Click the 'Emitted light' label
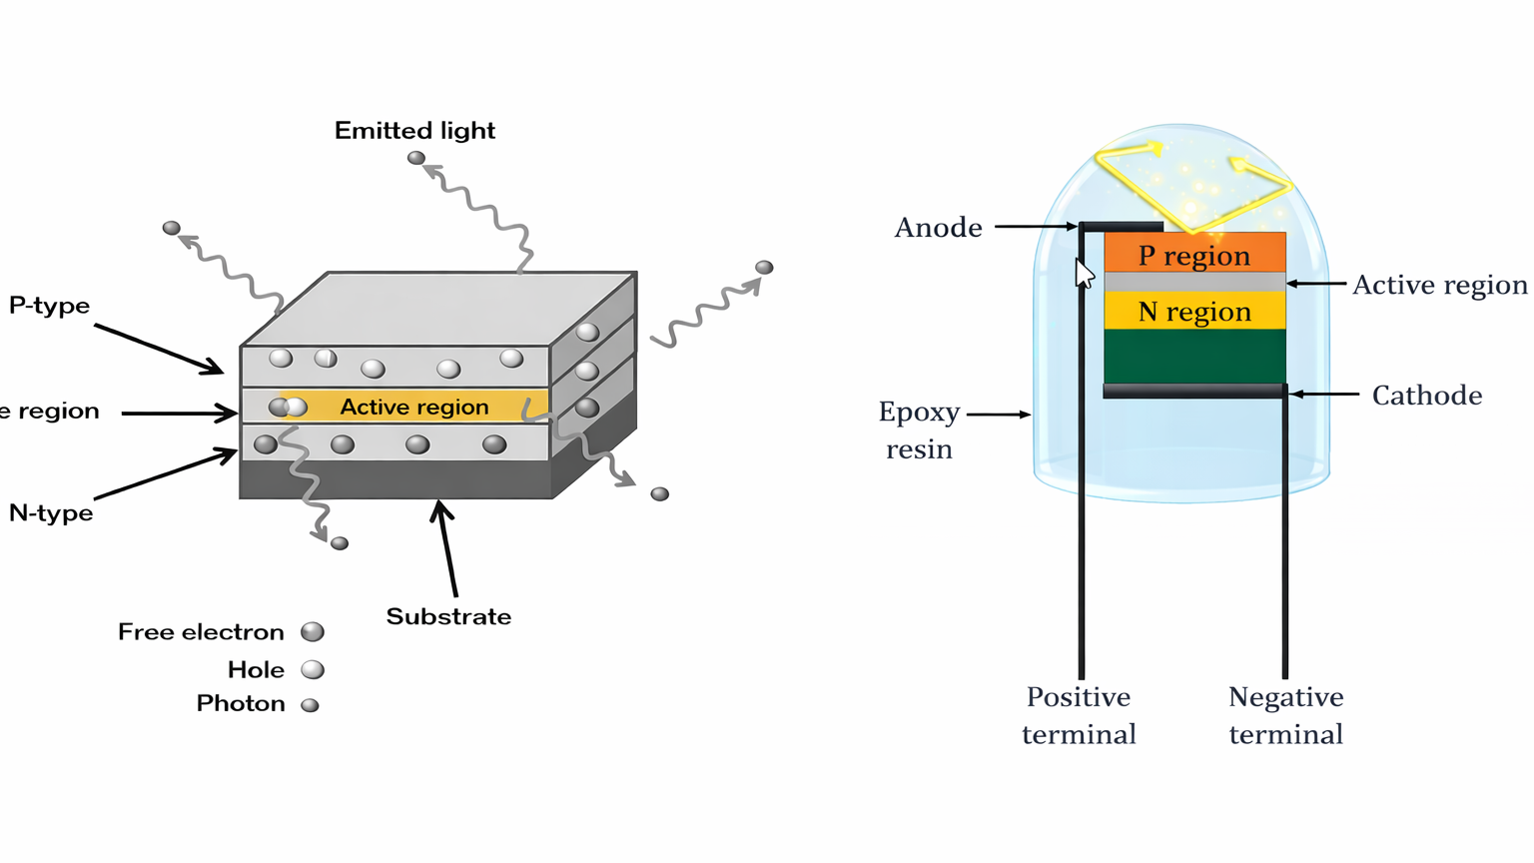pyautogui.click(x=414, y=131)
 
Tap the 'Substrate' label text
pyautogui.click(x=448, y=617)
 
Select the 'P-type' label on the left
pyautogui.click(x=49, y=306)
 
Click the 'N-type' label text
pyautogui.click(x=51, y=513)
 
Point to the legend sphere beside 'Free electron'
pyautogui.click(x=313, y=632)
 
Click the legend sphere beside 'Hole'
pyautogui.click(x=313, y=670)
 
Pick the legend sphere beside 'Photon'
pyautogui.click(x=311, y=705)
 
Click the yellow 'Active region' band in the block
pyautogui.click(x=414, y=407)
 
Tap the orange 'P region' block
pyautogui.click(x=1194, y=256)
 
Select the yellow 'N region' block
pyautogui.click(x=1194, y=312)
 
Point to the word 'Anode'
pyautogui.click(x=938, y=228)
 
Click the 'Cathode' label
pyautogui.click(x=1426, y=396)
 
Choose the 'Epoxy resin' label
pyautogui.click(x=919, y=431)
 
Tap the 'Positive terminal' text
pyautogui.click(x=1079, y=716)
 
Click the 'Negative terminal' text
pyautogui.click(x=1285, y=716)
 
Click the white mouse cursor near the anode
pyautogui.click(x=1084, y=274)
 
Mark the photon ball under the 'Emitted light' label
pyautogui.click(x=416, y=158)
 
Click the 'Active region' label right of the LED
pyautogui.click(x=1439, y=286)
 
